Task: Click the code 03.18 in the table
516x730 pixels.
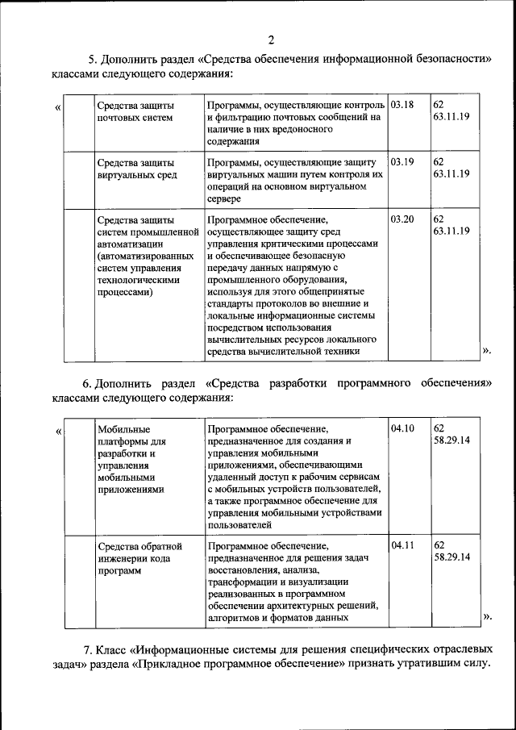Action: point(402,106)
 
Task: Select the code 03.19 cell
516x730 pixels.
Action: point(402,162)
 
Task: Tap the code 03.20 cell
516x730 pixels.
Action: point(402,219)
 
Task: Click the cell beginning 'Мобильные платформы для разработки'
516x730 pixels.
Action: point(131,458)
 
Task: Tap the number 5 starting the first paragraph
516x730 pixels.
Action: point(92,60)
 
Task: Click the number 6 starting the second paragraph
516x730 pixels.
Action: point(87,383)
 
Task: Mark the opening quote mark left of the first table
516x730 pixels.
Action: point(57,106)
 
